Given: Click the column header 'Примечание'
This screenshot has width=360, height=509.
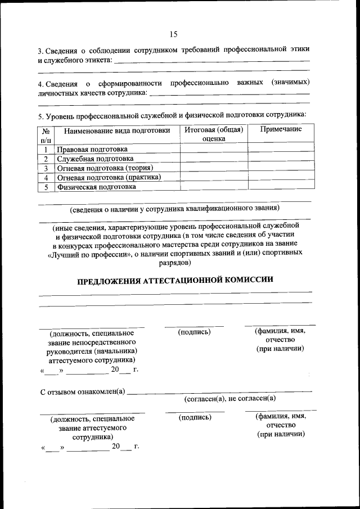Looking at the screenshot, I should [x=280, y=129].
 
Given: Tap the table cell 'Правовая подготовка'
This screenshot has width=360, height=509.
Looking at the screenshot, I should [x=92, y=149].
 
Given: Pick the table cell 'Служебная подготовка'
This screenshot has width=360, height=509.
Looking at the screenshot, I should [x=94, y=159].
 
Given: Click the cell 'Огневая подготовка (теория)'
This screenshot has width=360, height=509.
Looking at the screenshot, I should [x=105, y=168].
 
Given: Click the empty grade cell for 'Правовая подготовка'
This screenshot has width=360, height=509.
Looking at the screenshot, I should [x=214, y=149].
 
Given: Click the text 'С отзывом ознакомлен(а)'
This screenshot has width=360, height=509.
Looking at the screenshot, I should [x=83, y=391].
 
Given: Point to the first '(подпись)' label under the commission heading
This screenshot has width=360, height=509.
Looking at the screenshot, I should [x=194, y=332].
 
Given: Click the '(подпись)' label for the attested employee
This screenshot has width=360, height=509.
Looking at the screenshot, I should [x=195, y=418].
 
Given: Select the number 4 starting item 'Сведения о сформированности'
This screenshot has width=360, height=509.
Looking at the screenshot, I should [x=40, y=83].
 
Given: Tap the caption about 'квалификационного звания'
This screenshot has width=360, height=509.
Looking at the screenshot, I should [x=174, y=209].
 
